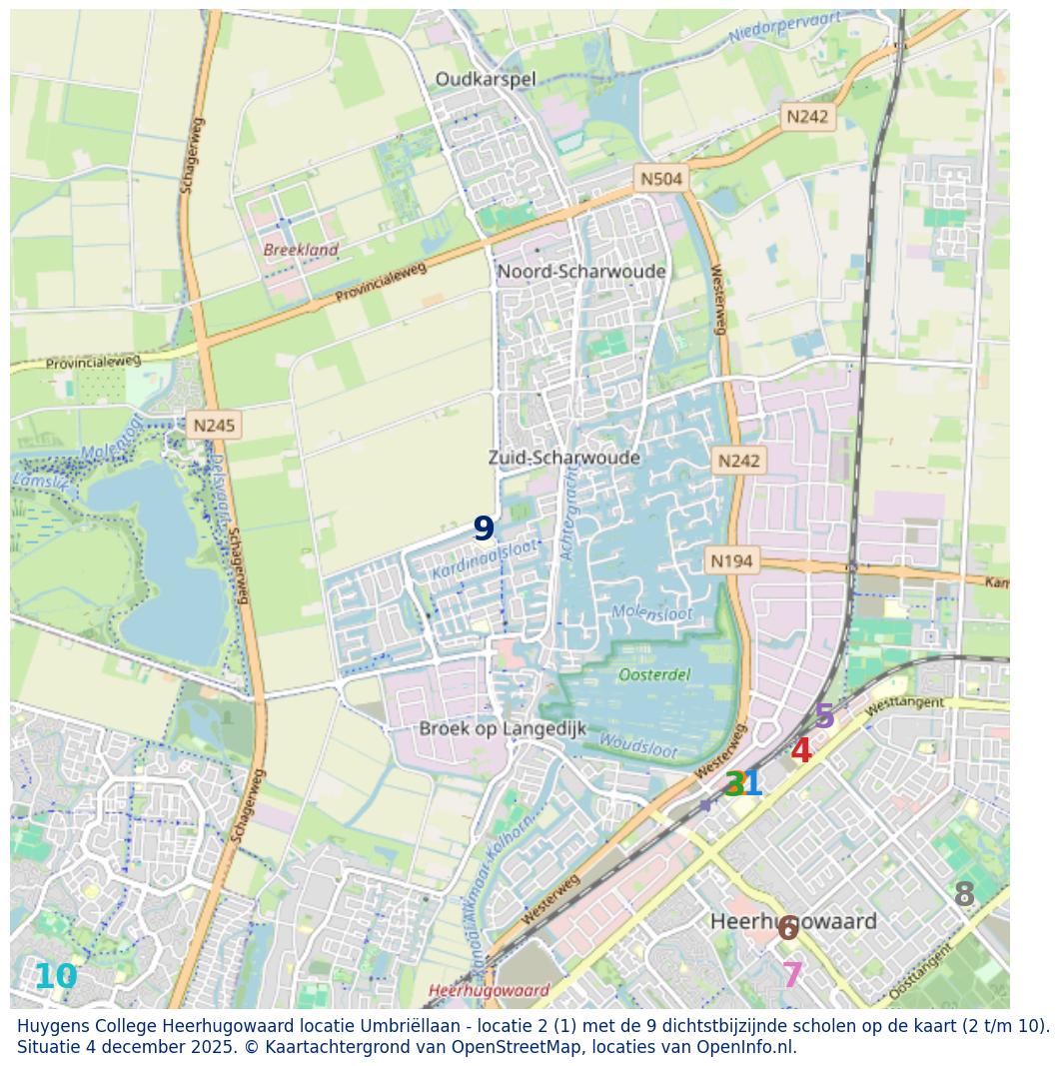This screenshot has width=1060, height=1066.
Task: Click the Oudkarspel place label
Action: pyautogui.click(x=486, y=79)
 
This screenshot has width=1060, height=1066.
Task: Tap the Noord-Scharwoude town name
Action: pyautogui.click(x=581, y=272)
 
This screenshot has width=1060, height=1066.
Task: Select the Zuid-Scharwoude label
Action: pyautogui.click(x=563, y=458)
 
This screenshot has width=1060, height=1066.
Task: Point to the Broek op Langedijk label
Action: pyautogui.click(x=503, y=728)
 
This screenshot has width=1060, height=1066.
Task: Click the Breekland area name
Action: pyautogui.click(x=301, y=250)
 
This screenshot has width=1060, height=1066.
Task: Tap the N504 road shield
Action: pyautogui.click(x=661, y=179)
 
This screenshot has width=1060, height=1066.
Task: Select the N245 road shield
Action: pyautogui.click(x=214, y=426)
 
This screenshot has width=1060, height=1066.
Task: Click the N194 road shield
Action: pyautogui.click(x=731, y=560)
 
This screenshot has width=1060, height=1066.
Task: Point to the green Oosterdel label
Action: pyautogui.click(x=654, y=675)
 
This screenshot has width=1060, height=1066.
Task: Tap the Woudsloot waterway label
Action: pyautogui.click(x=638, y=745)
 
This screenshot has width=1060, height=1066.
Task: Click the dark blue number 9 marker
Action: pyautogui.click(x=484, y=529)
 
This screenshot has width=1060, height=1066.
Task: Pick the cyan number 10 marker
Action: pyautogui.click(x=55, y=977)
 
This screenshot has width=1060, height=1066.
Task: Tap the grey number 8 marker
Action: pyautogui.click(x=964, y=894)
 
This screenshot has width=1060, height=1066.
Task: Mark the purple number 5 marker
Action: pyautogui.click(x=824, y=716)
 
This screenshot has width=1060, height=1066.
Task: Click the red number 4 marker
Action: pyautogui.click(x=800, y=750)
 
